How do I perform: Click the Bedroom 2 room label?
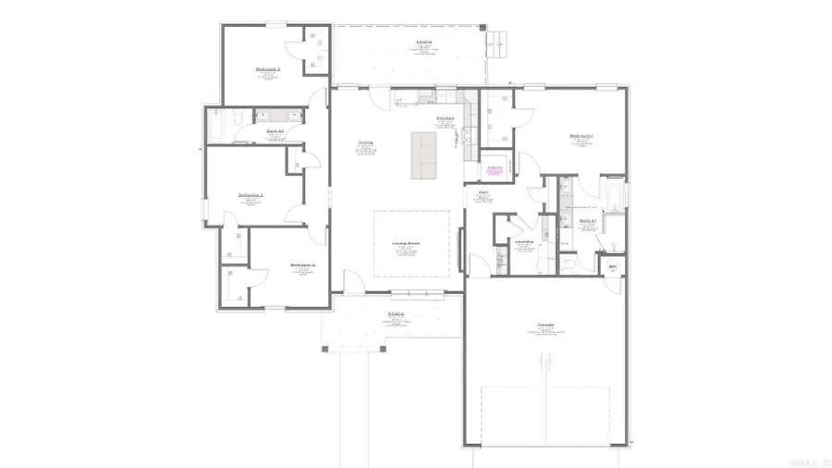coord(268,69)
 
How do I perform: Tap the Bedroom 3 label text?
coord(251,195)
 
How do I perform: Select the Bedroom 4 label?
coord(302,265)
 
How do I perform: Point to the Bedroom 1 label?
coord(581,136)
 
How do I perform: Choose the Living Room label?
coord(407,244)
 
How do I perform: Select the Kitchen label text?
coord(445,118)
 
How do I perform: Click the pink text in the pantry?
coord(496,169)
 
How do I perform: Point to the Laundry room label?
coord(524,242)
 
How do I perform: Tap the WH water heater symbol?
coord(612,268)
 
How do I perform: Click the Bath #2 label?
coord(275,131)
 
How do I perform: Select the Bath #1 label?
coord(586,221)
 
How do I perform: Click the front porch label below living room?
coord(396,314)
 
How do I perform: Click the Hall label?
coord(483,193)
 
